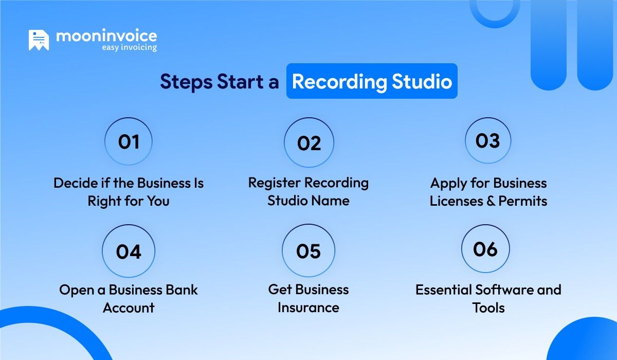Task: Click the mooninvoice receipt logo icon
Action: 39,41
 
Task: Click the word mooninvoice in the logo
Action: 106,37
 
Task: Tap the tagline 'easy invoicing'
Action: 129,48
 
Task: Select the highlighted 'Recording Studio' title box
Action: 372,81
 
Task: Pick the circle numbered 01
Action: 129,141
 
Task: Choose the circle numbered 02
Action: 309,143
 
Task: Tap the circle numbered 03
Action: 488,140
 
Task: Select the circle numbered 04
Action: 129,251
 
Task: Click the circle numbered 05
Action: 308,250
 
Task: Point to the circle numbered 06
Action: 486,249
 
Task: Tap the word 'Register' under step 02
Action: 275,183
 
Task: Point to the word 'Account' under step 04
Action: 129,308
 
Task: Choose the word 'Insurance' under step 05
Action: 308,308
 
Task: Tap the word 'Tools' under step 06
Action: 488,308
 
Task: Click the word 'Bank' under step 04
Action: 180,290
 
